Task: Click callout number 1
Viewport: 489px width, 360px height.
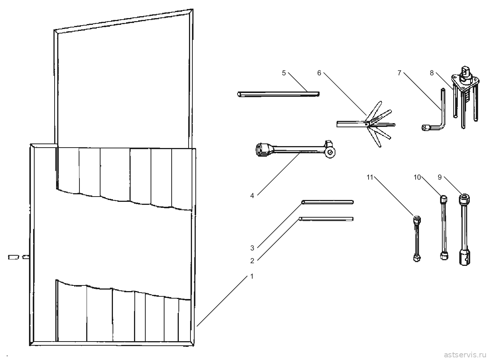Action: click(252, 276)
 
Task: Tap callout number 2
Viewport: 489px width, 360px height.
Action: click(252, 261)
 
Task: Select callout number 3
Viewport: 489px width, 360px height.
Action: click(252, 248)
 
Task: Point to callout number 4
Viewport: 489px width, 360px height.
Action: click(252, 195)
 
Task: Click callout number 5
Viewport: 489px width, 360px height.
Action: click(284, 73)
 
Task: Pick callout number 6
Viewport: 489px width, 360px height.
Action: click(319, 73)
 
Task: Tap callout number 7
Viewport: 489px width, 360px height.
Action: click(399, 73)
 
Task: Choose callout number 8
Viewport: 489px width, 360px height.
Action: click(431, 73)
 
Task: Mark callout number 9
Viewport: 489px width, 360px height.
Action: click(440, 177)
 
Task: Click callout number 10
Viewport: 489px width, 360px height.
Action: click(417, 177)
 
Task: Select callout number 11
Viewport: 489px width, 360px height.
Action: click(370, 177)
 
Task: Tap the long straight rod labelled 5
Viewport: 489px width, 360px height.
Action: click(278, 94)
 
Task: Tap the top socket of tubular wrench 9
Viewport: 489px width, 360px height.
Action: click(464, 198)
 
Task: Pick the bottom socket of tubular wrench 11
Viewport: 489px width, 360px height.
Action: click(417, 258)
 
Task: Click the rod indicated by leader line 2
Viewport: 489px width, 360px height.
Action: click(326, 219)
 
